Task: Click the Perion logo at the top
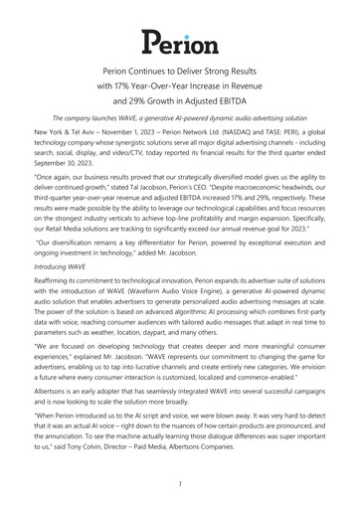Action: (x=180, y=42)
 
